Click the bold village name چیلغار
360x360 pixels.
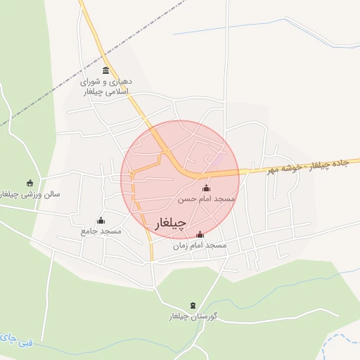tap(169, 224)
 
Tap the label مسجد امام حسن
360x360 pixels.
tap(207, 200)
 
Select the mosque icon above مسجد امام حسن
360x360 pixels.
tap(206, 188)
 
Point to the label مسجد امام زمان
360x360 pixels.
tap(200, 245)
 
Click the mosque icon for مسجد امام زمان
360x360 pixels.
tap(200, 234)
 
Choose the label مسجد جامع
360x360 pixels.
tap(101, 231)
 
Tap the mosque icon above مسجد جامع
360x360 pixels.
tap(101, 220)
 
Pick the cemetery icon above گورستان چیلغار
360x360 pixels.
tap(194, 305)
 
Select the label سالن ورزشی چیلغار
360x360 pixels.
tap(30, 193)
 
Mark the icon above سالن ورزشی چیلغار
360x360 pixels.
tap(30, 183)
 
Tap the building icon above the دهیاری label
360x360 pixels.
tap(106, 70)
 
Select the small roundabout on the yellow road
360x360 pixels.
tap(131, 173)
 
